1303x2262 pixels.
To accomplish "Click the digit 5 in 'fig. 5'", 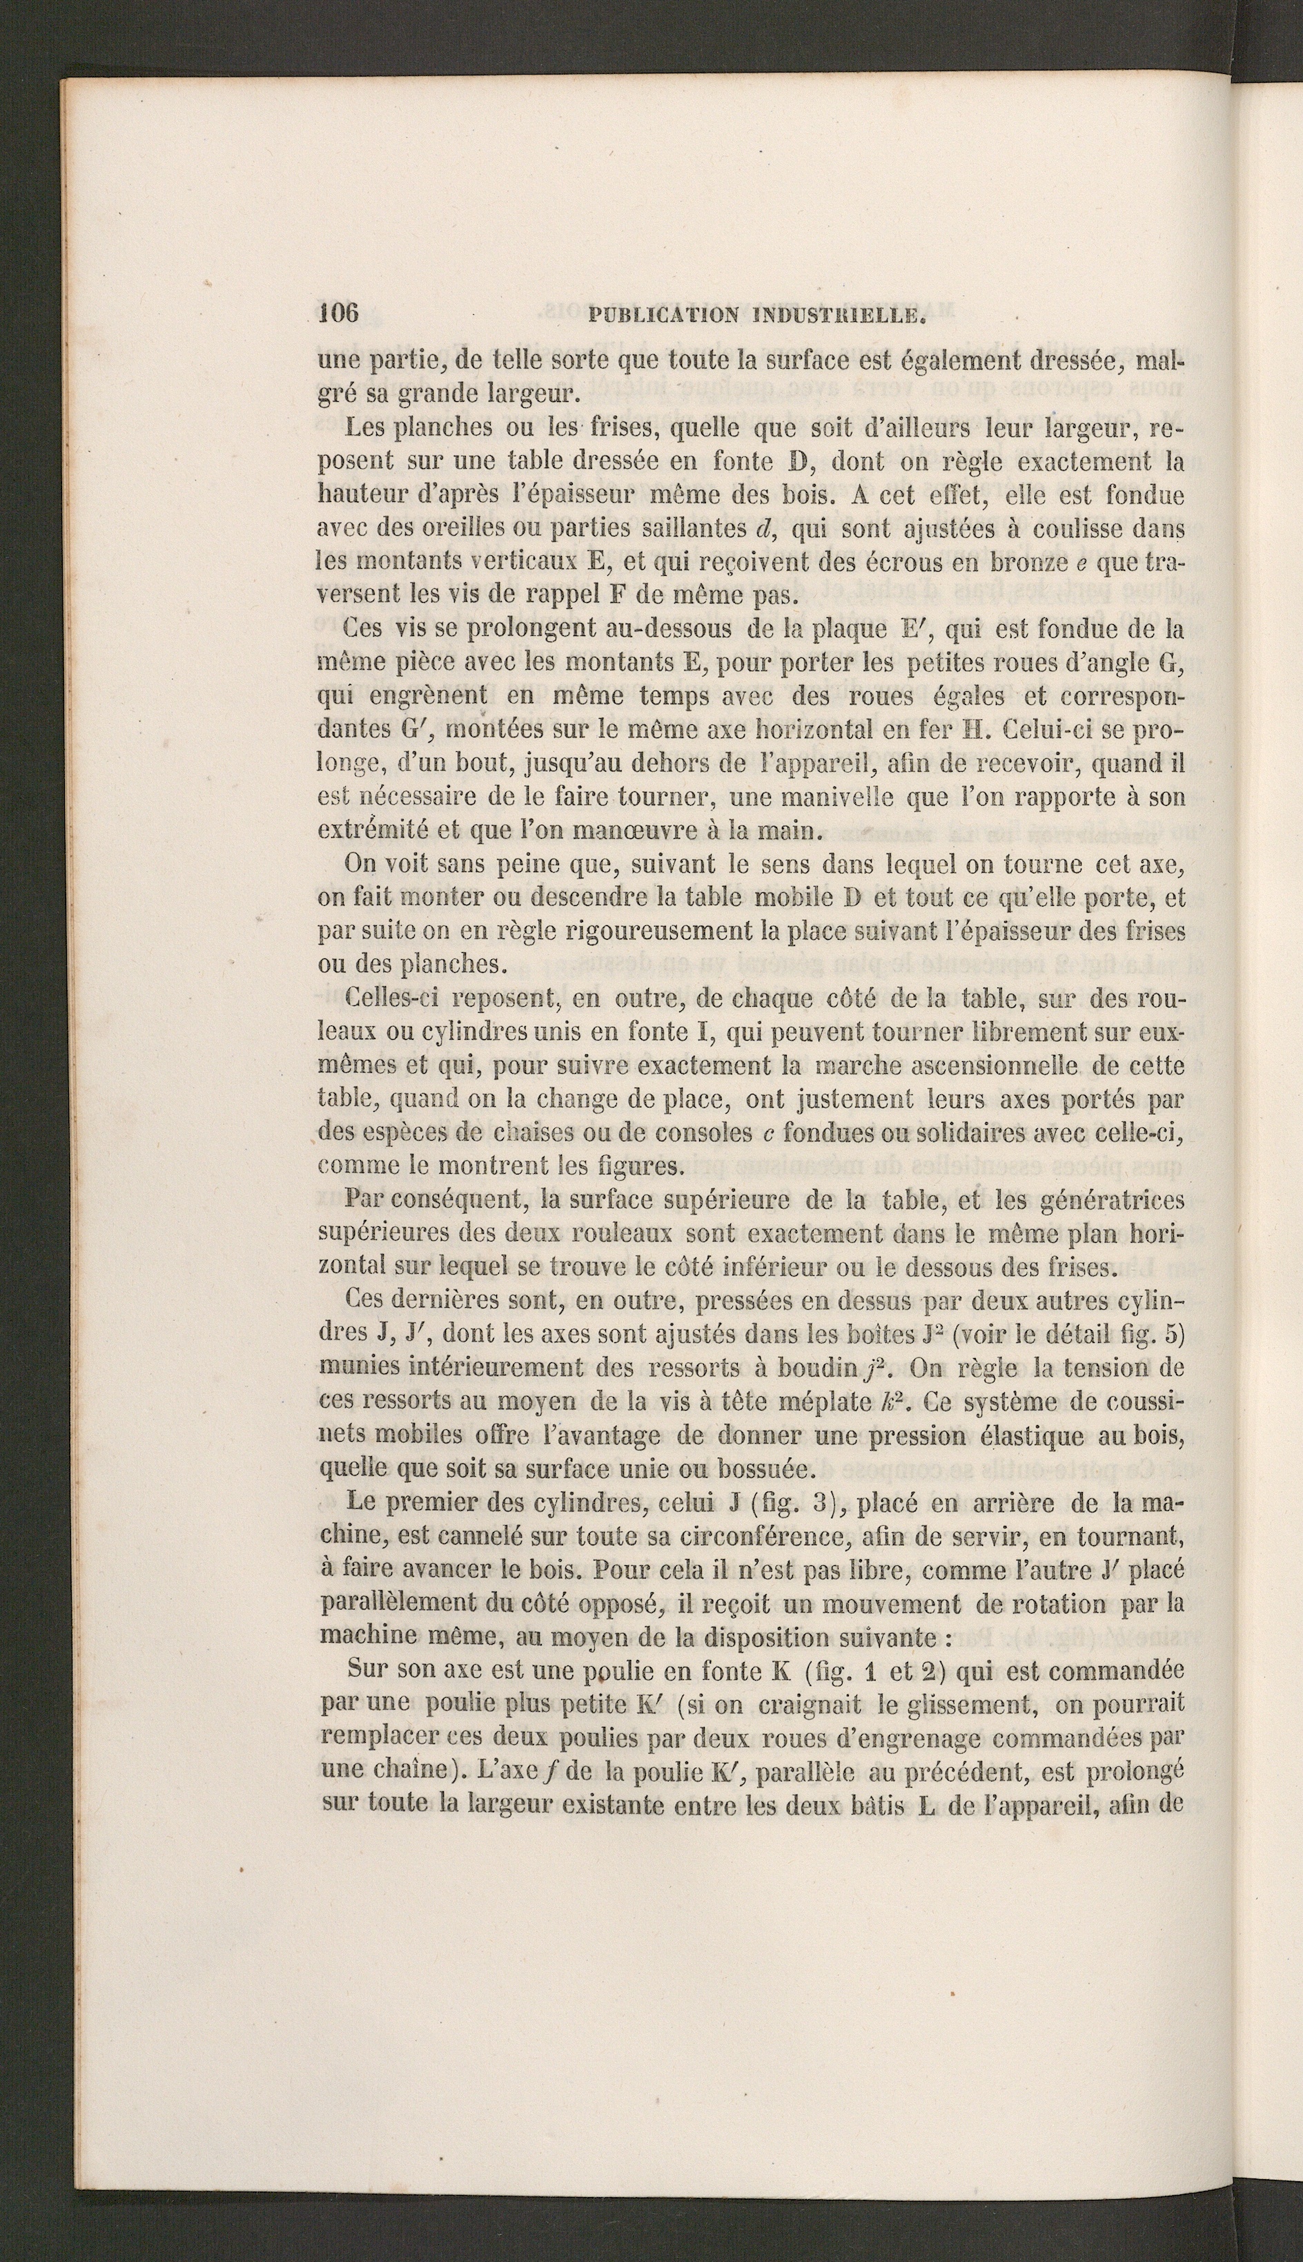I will [x=1177, y=1334].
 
